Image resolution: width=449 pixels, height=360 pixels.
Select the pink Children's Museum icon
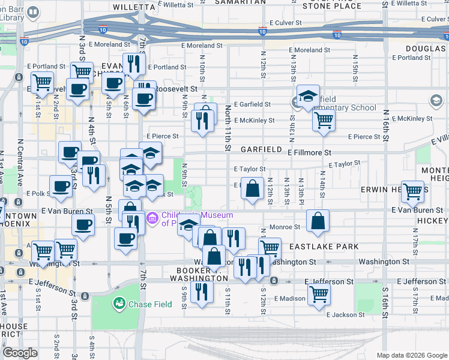152,220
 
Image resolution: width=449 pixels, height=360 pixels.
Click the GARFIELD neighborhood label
261,149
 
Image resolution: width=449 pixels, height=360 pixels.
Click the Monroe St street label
285,227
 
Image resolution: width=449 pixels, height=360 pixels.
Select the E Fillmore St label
309,153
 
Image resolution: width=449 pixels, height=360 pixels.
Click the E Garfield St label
252,104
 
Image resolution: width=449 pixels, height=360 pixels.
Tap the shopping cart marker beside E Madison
319,293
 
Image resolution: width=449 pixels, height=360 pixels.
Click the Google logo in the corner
20,353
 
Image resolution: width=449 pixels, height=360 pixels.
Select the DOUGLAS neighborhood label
425,48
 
